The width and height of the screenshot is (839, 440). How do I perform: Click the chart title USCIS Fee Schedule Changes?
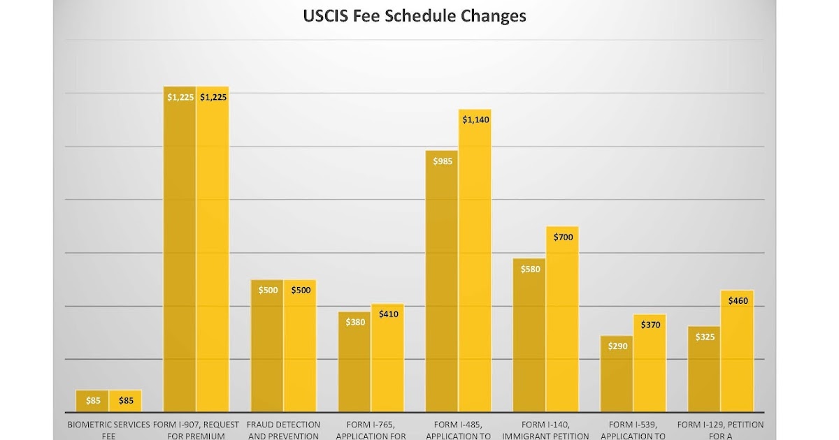pyautogui.click(x=415, y=15)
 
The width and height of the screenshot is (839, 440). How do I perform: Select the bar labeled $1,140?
pyautogui.click(x=475, y=265)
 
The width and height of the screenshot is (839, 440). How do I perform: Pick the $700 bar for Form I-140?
pyautogui.click(x=562, y=321)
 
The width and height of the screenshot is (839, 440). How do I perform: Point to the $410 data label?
pyautogui.click(x=387, y=314)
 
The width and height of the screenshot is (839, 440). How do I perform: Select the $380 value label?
pyautogui.click(x=354, y=323)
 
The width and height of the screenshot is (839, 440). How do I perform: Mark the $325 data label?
pyautogui.click(x=704, y=337)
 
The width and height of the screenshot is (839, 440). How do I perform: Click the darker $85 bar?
pyautogui.click(x=92, y=401)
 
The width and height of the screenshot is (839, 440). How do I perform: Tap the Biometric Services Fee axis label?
pyautogui.click(x=109, y=430)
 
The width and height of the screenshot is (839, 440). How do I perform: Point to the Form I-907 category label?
pyautogui.click(x=196, y=430)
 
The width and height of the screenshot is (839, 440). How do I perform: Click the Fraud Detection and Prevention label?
pyautogui.click(x=284, y=430)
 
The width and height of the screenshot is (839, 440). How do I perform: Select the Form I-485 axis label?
pyautogui.click(x=459, y=430)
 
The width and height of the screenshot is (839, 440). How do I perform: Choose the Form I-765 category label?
pyautogui.click(x=371, y=430)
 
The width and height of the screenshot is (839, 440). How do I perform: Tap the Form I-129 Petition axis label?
pyautogui.click(x=721, y=430)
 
